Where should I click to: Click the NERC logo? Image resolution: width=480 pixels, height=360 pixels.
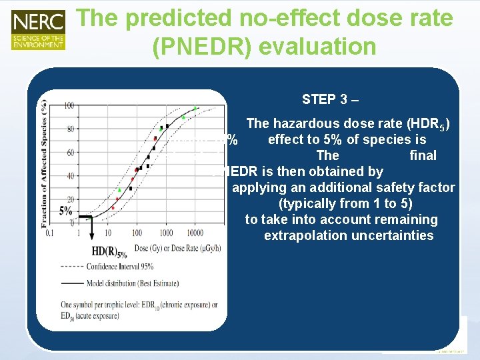click(x=38, y=29)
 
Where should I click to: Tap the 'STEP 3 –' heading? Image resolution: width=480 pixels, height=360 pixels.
click(x=330, y=99)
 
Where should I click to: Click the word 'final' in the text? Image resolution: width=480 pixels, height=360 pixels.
click(x=423, y=156)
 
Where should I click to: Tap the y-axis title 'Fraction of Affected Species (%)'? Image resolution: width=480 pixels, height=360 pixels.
click(x=44, y=160)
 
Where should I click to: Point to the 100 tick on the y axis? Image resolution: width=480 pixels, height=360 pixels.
click(x=69, y=106)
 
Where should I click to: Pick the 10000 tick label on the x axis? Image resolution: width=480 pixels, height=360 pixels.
click(x=195, y=233)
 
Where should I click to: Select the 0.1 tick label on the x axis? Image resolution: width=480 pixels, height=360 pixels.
click(x=49, y=233)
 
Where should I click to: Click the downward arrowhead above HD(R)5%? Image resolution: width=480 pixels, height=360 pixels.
click(x=91, y=235)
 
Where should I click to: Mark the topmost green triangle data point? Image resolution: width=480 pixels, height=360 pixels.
click(x=195, y=107)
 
